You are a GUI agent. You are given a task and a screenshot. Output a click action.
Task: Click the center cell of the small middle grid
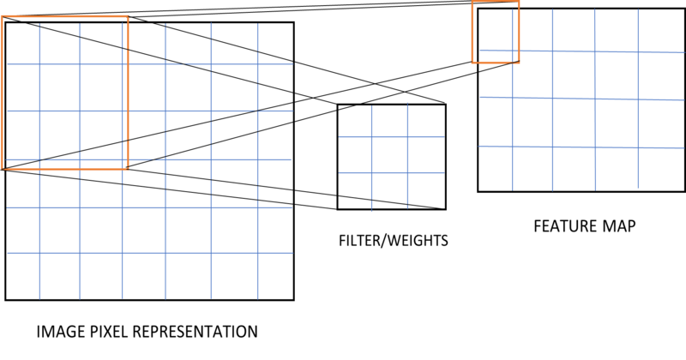point(389,154)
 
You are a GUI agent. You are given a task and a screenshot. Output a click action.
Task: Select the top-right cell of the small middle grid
point(426,121)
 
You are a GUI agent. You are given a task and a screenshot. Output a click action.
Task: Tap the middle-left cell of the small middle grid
point(354,154)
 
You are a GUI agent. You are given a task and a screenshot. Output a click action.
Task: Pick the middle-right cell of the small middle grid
point(426,154)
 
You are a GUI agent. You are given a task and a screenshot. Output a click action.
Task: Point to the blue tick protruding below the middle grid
point(371,211)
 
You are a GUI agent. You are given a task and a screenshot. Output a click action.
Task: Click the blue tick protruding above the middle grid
point(407,103)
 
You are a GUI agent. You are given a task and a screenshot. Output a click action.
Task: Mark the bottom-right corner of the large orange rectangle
point(128,168)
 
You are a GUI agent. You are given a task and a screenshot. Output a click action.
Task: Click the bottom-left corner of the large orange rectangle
point(4,169)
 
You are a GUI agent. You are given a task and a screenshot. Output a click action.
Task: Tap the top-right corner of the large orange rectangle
point(128,18)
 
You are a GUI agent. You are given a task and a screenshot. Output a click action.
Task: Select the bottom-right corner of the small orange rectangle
point(519,62)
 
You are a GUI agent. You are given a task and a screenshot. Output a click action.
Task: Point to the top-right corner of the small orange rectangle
point(519,4)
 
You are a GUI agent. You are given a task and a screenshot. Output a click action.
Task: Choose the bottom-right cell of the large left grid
point(274,276)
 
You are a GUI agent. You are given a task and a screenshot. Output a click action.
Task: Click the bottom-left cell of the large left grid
point(22,276)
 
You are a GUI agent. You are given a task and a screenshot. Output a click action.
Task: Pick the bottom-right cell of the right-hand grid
point(660,168)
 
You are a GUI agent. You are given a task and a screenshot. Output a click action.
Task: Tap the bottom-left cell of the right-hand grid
point(496,168)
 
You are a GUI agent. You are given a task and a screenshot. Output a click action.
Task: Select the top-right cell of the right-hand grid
point(660,30)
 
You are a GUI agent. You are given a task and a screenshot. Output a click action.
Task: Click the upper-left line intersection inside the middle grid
point(371,136)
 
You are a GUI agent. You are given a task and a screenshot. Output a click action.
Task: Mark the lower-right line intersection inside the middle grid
point(407,172)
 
